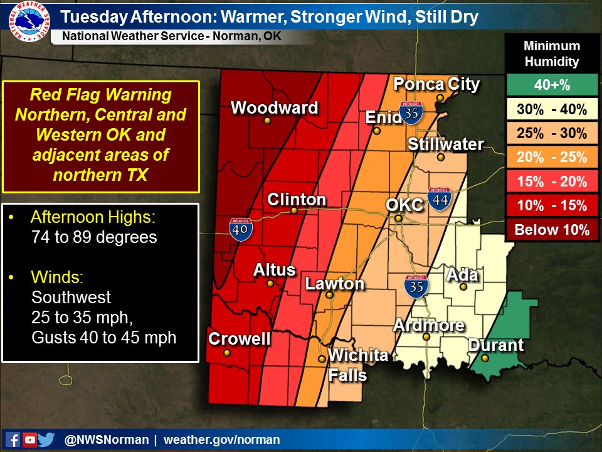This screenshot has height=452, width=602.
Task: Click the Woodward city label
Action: [275, 108]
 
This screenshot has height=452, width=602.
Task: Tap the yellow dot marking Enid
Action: [377, 131]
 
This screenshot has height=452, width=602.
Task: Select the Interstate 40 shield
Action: [241, 230]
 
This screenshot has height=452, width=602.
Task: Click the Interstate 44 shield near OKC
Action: [438, 199]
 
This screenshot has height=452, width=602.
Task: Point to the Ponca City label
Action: [436, 84]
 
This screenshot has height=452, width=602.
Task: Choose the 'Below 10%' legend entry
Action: [552, 230]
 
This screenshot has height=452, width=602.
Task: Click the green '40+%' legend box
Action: [552, 85]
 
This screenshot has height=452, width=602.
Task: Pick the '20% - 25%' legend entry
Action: [552, 158]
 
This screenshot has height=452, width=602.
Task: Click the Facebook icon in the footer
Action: [13, 439]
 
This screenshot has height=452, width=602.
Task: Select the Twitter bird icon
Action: [46, 439]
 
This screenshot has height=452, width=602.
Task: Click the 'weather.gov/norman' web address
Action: [222, 440]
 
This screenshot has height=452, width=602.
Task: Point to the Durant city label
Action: [495, 345]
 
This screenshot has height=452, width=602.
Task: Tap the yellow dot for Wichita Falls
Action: [322, 359]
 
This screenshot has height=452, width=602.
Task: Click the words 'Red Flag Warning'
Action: [101, 95]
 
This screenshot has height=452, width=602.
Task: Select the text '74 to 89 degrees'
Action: [93, 237]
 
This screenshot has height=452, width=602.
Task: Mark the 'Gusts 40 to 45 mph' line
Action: [103, 337]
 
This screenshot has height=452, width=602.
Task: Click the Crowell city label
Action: [240, 339]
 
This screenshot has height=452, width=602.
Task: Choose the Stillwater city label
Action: [445, 144]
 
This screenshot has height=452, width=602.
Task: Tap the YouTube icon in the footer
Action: [29, 439]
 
